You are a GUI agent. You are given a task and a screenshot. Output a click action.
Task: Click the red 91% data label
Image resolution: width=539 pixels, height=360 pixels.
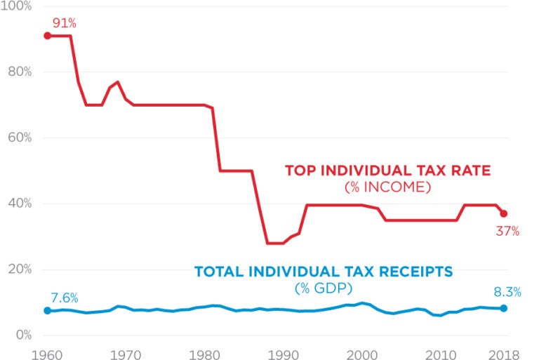[64, 23]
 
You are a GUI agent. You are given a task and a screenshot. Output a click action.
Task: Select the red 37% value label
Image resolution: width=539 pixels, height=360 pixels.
[507, 231]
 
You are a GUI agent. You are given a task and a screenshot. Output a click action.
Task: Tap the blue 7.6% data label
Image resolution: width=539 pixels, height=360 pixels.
[64, 298]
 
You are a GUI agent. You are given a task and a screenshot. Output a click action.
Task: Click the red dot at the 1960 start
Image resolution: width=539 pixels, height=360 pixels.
[47, 36]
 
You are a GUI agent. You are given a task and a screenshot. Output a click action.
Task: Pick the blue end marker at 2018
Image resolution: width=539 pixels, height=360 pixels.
[504, 309]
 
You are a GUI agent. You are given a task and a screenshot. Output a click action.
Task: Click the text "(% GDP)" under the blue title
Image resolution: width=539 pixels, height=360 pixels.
[323, 288]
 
